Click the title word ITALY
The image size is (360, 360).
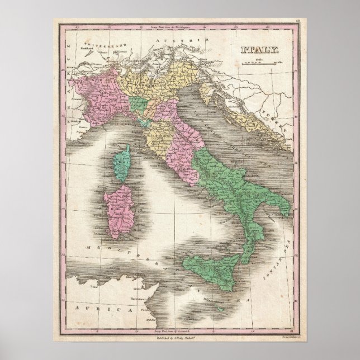pos(259,50)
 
